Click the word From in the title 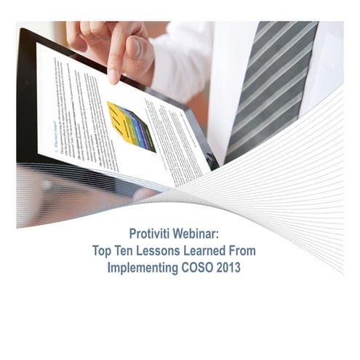click(252, 251)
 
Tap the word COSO click(196, 267)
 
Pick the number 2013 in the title click(230, 267)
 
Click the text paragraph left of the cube click(80, 109)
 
